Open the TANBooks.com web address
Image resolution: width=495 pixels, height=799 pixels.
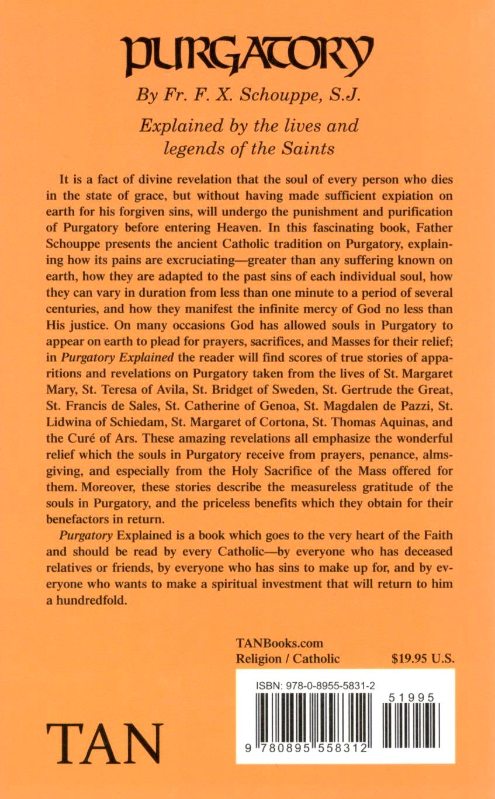279,643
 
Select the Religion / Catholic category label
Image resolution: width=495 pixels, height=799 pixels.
287,659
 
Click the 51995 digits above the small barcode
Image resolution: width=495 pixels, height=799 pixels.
409,697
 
